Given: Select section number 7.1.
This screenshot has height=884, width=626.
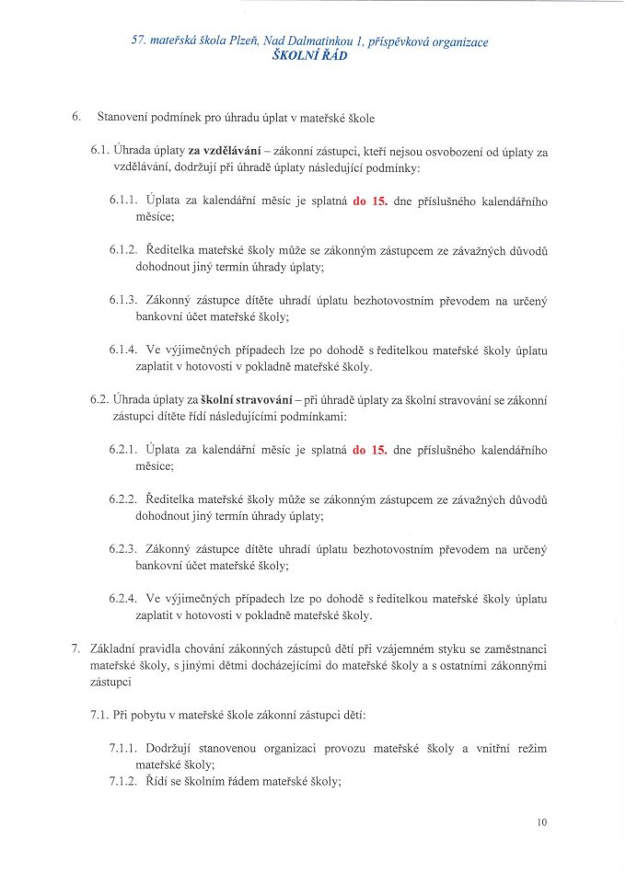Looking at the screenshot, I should pyautogui.click(x=101, y=716).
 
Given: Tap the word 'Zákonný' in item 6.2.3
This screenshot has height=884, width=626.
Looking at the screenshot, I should pyautogui.click(x=171, y=549).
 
